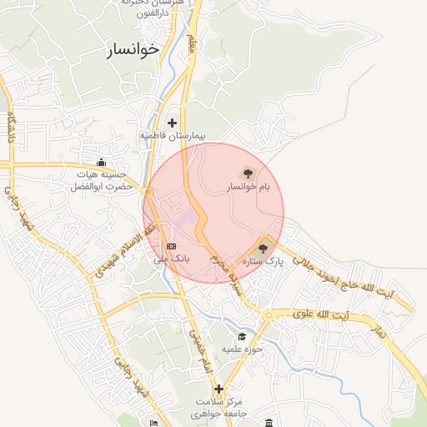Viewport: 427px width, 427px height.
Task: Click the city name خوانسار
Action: pyautogui.click(x=133, y=50)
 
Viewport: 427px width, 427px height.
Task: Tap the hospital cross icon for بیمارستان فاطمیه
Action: pyautogui.click(x=173, y=123)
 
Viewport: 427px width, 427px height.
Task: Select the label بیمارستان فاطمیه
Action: pyautogui.click(x=173, y=136)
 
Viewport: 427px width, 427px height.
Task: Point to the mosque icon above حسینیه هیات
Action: pyautogui.click(x=102, y=162)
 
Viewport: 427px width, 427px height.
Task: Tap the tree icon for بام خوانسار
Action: pyautogui.click(x=247, y=173)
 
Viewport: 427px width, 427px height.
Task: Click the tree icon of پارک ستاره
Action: pyautogui.click(x=265, y=247)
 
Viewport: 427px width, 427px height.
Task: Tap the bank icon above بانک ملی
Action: pyautogui.click(x=171, y=246)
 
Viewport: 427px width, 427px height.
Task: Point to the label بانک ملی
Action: pyautogui.click(x=171, y=259)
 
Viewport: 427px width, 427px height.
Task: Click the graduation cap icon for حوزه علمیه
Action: pyautogui.click(x=242, y=336)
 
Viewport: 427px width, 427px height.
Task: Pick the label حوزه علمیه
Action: pyautogui.click(x=243, y=349)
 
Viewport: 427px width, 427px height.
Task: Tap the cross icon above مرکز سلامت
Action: pyautogui.click(x=219, y=389)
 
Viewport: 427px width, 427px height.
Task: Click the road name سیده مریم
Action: pyautogui.click(x=227, y=275)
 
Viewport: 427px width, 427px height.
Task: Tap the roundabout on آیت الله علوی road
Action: pyautogui.click(x=268, y=315)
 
